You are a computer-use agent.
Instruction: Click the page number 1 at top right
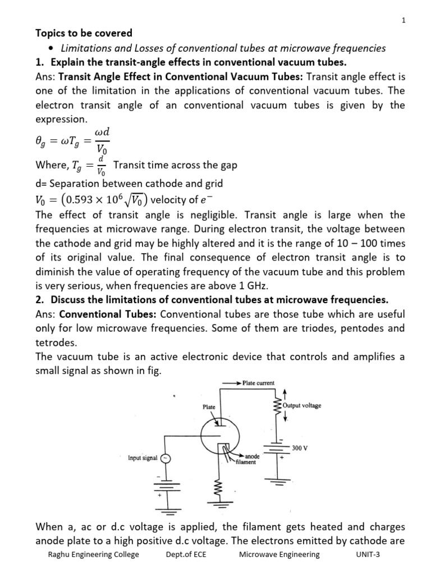pos(403,21)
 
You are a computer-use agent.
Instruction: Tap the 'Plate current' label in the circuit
pos(259,383)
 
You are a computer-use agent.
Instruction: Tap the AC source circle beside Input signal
pos(165,458)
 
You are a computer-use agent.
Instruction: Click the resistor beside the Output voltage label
pos(276,405)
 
